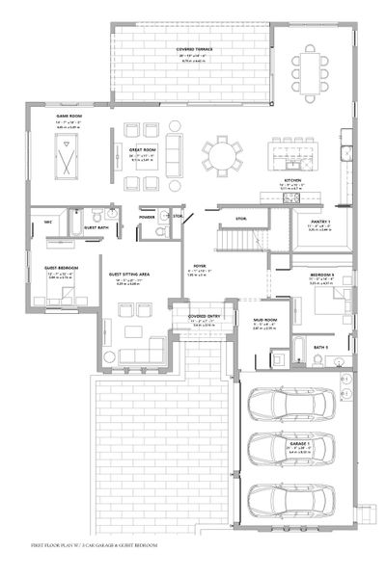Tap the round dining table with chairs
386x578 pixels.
[223, 153]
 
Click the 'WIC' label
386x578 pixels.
[46, 223]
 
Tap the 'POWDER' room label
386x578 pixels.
[147, 218]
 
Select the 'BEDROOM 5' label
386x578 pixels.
[321, 276]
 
